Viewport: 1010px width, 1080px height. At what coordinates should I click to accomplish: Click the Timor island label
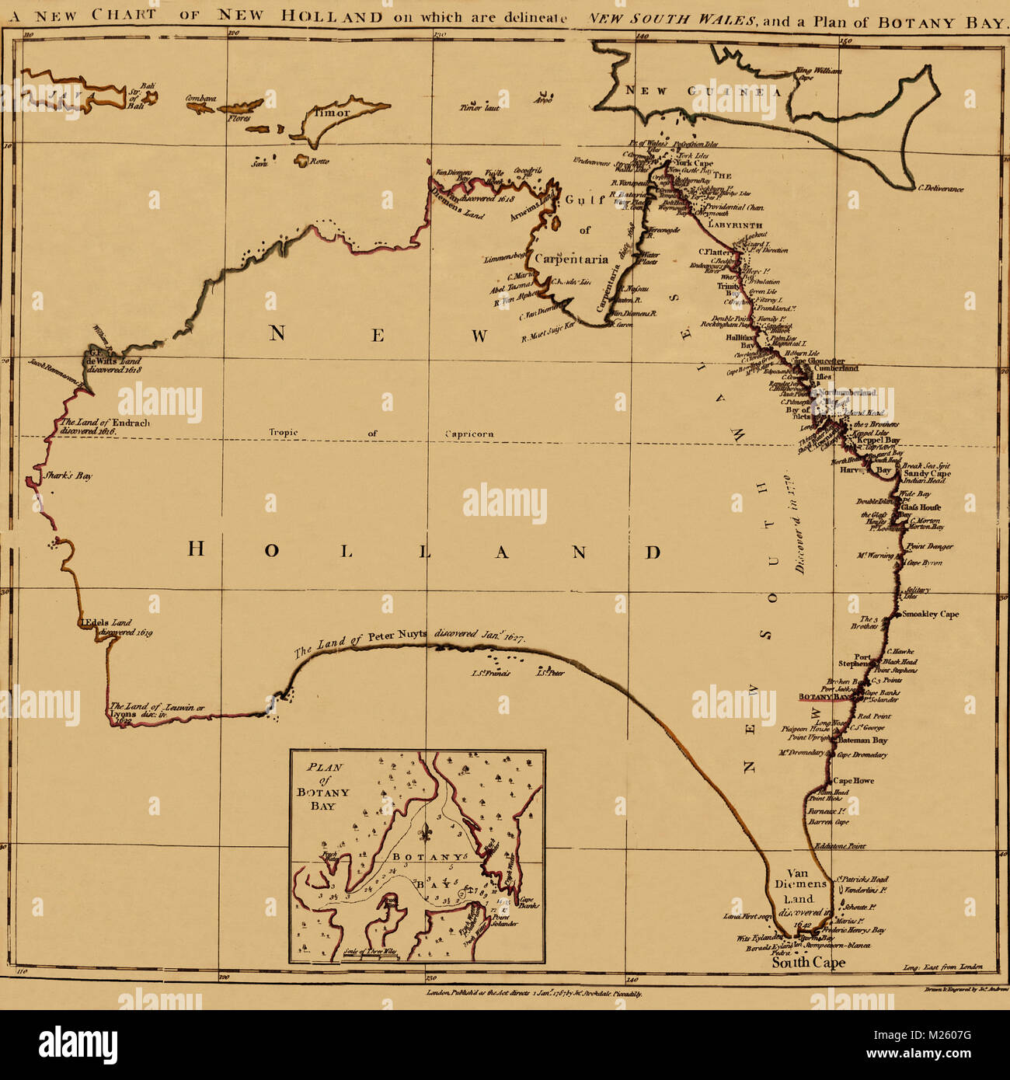tap(333, 112)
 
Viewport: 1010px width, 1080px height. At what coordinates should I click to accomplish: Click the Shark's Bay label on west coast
tap(68, 476)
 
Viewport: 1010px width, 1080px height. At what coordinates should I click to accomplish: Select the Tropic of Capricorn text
tap(381, 434)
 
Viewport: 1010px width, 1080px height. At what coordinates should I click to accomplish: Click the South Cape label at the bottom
tap(808, 963)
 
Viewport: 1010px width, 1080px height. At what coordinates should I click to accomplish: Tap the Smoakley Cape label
tap(931, 614)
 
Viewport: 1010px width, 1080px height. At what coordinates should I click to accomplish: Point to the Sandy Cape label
tap(927, 473)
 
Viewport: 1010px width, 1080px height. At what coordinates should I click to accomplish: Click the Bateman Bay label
tap(862, 740)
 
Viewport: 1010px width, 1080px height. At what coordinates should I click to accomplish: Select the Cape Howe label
tap(853, 781)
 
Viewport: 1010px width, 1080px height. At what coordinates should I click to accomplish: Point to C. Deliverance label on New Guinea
tap(940, 189)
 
